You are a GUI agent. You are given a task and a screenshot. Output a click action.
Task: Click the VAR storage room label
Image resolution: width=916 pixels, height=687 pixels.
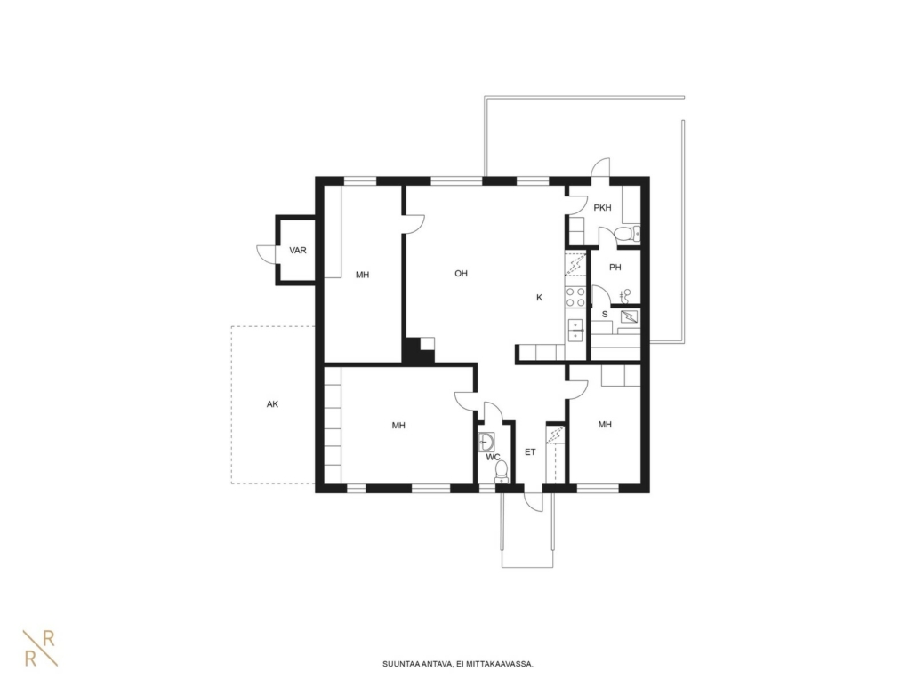(298, 251)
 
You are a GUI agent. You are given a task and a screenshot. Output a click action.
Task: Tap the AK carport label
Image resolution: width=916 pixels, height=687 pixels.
(272, 403)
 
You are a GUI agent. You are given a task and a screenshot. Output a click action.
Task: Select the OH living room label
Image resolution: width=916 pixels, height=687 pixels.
(461, 273)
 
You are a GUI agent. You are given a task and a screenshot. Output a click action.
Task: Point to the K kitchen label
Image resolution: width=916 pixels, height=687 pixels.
(539, 298)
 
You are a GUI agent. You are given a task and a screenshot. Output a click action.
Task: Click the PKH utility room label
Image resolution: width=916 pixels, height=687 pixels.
(602, 207)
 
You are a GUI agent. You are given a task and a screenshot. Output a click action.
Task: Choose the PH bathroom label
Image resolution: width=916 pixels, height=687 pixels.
(615, 268)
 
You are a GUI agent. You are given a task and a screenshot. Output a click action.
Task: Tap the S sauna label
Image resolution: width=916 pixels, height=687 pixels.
(605, 314)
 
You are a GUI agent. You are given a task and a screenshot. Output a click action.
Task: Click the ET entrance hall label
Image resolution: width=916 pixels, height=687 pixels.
(530, 451)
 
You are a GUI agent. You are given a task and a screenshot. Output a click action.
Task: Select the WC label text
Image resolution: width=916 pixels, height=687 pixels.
(493, 457)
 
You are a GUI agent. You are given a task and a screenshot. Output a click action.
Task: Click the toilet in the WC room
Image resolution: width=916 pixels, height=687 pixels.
(502, 472)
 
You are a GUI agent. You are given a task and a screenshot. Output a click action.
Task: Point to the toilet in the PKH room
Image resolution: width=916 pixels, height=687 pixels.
(627, 234)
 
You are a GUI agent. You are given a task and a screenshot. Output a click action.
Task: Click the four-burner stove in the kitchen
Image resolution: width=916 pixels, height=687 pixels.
(575, 297)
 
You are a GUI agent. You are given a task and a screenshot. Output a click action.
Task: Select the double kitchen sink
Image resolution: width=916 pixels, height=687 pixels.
(576, 330)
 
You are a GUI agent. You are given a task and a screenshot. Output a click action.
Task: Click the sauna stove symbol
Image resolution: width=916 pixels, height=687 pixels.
(630, 317)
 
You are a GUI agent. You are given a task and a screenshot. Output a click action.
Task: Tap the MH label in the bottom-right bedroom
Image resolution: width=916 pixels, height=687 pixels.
(605, 424)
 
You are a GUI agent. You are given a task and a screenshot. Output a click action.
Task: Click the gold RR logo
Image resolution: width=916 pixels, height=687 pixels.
(40, 649)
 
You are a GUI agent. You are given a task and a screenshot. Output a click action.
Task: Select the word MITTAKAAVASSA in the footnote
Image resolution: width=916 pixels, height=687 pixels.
(507, 664)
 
